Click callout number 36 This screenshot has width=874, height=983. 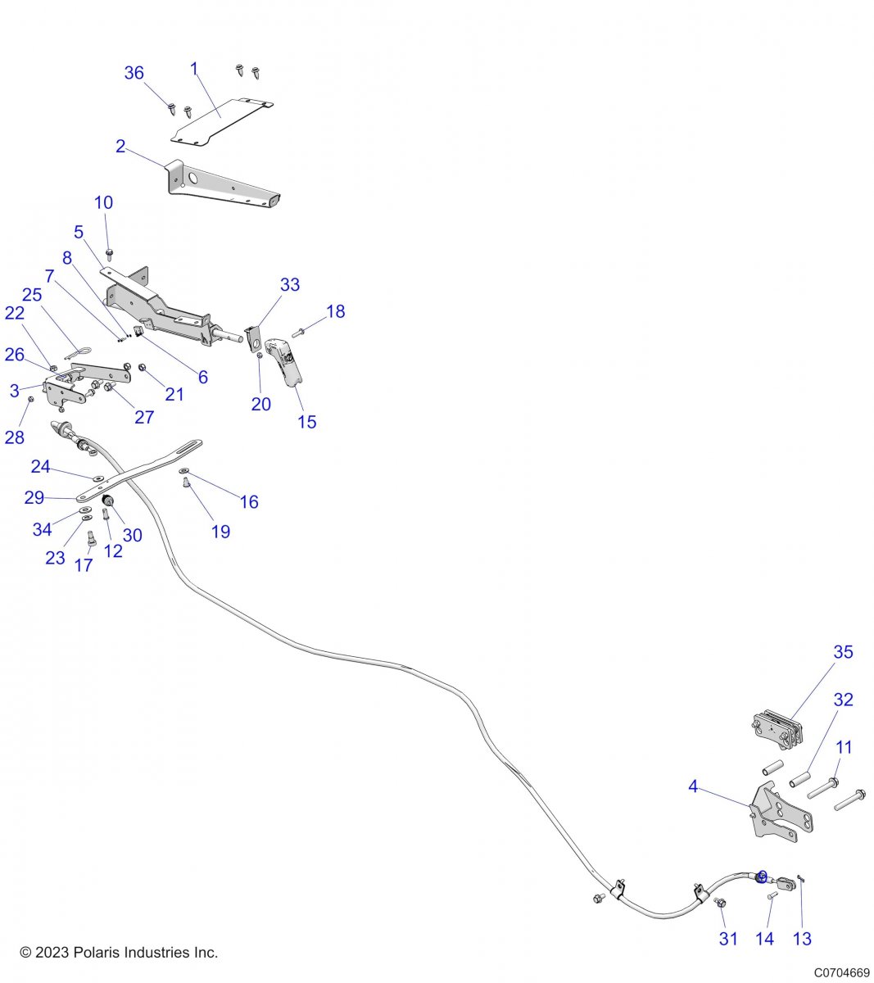point(134,73)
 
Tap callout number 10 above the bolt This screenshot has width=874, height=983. point(104,203)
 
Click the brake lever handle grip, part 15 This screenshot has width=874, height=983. point(287,360)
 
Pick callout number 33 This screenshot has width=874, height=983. point(290,285)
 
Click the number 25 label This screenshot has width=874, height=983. point(32,295)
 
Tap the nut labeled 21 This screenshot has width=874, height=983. point(142,368)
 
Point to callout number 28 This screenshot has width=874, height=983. point(15,437)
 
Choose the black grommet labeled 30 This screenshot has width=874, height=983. point(107,501)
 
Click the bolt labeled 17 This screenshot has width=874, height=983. point(91,538)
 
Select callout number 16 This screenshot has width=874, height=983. point(249,502)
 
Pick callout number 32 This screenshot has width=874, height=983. point(844,700)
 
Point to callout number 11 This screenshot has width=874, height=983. point(844,747)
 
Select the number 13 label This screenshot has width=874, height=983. point(802,939)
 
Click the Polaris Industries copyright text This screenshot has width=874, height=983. point(119,953)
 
